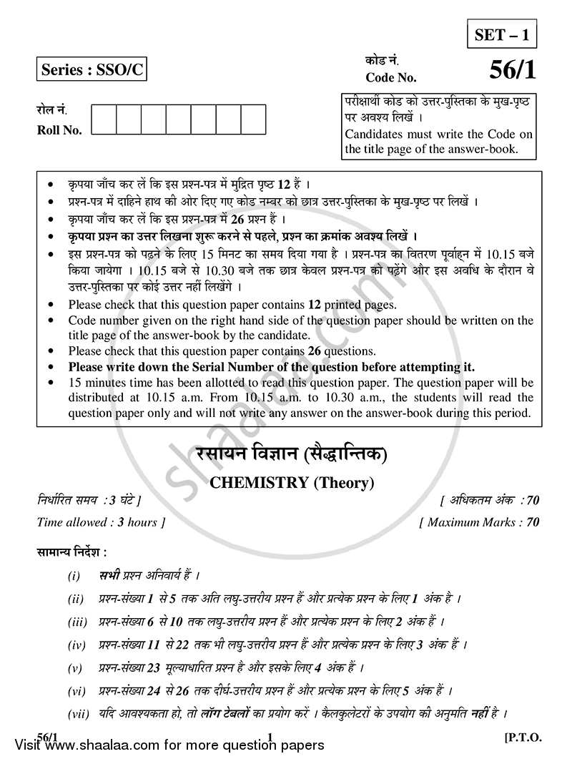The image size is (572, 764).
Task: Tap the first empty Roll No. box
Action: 104,120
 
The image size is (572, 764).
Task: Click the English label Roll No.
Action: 59,130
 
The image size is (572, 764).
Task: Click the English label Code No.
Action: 390,77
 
